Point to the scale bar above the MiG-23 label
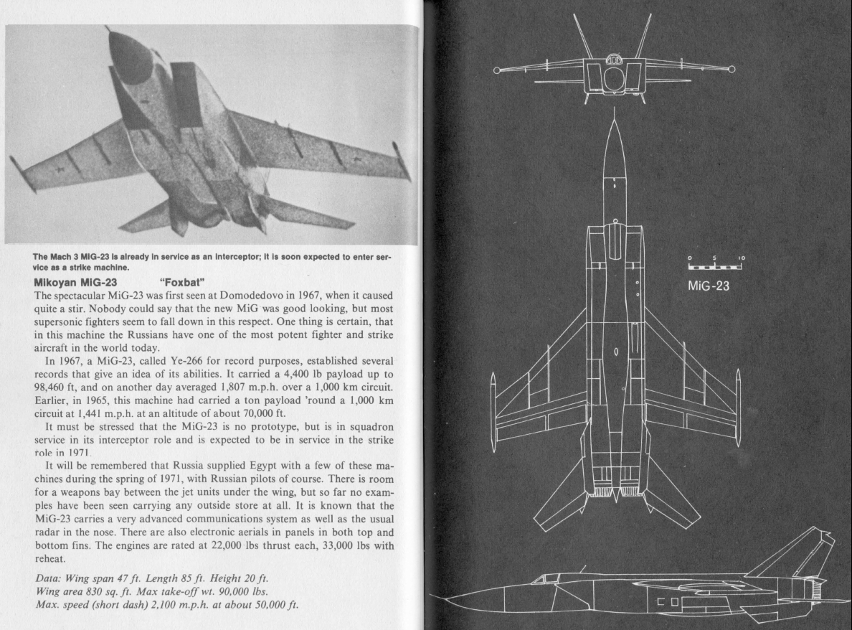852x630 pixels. coord(714,267)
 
